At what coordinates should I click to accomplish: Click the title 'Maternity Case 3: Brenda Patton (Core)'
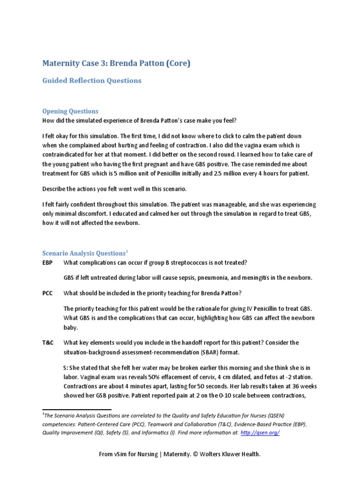(116, 63)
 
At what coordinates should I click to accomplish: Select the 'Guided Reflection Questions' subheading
(92, 81)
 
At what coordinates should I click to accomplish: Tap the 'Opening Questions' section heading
(70, 111)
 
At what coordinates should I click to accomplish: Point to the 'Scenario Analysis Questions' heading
(83, 253)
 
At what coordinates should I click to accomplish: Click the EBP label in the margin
(47, 262)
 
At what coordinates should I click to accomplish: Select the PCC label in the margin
(47, 293)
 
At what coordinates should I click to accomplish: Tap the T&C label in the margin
(48, 343)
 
